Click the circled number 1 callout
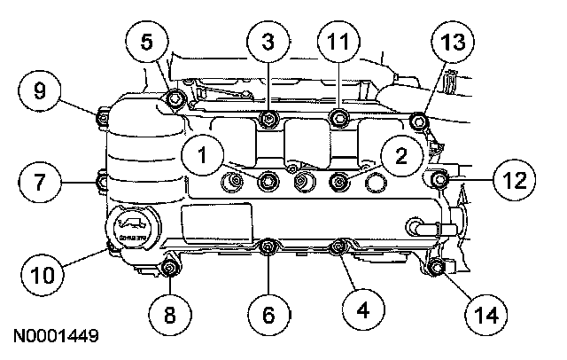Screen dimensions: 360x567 204,156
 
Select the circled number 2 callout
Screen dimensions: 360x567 400,156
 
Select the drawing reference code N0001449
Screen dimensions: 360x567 55,338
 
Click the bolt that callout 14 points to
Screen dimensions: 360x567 433,267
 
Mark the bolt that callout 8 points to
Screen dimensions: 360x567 170,268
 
